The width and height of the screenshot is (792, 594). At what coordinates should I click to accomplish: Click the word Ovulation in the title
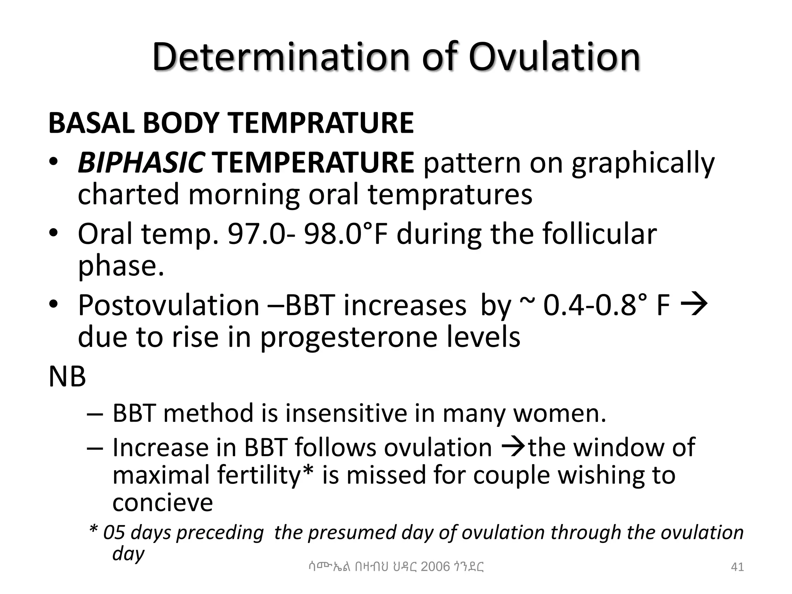coord(555,57)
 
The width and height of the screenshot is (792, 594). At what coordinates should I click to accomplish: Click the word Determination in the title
coord(281,57)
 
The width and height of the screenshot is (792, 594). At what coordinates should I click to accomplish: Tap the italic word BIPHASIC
coord(142,162)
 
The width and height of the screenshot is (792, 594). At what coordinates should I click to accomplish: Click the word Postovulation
coord(169,306)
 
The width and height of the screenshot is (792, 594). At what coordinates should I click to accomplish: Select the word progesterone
coord(350,337)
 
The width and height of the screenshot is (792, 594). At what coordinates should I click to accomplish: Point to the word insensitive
coord(346,413)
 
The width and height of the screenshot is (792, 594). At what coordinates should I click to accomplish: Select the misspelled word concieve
coord(162,503)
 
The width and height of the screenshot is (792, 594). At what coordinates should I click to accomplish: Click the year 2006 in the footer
coord(435,567)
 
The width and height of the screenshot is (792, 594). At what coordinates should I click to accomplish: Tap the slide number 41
coord(737,567)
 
